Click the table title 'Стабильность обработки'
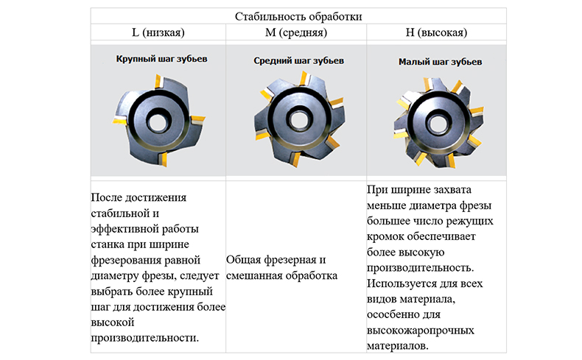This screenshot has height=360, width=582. pyautogui.click(x=298, y=16)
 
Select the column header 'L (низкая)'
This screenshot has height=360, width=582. pyautogui.click(x=158, y=33)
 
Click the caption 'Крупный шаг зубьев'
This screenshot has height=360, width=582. pyautogui.click(x=156, y=59)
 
